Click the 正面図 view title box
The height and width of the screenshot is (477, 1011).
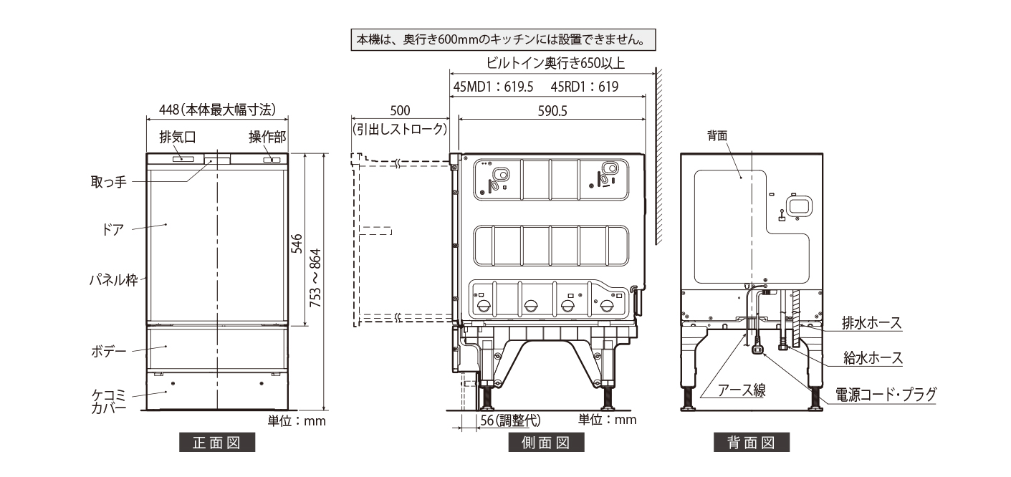217,443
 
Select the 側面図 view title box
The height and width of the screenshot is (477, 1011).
546,443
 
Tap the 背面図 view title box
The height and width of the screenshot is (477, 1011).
751,443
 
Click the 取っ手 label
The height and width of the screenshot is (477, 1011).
111,181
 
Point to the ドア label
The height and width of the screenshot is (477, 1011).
113,229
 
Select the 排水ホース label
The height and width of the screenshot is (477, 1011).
871,324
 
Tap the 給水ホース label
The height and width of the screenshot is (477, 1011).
871,357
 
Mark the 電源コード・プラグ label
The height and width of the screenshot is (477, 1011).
886,393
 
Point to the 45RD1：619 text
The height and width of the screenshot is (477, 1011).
585,87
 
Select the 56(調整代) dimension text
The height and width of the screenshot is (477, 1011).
509,420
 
